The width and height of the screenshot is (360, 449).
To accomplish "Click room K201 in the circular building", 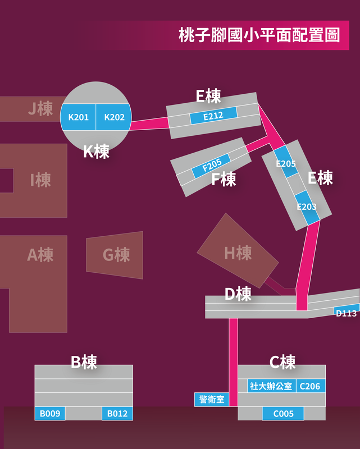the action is (78, 117).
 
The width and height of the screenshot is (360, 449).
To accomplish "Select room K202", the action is (114, 117).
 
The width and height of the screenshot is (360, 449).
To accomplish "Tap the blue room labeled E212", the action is (213, 116).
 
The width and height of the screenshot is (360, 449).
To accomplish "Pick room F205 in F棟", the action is (212, 166).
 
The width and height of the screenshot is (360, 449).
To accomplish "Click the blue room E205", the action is (286, 162).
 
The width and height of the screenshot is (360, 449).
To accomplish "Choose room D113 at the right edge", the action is (347, 310).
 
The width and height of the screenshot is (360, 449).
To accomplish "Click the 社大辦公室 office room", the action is (271, 386).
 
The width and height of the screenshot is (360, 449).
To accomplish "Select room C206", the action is (311, 386).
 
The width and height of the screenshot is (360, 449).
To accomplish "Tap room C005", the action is (283, 414).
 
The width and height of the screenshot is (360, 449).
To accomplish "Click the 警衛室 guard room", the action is (212, 399).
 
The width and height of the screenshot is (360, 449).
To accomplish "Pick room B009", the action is (50, 414).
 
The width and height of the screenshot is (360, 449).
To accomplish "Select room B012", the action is (117, 414).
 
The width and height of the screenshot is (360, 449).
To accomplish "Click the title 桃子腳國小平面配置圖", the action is (259, 35).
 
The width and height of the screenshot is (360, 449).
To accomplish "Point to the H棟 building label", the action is (238, 253).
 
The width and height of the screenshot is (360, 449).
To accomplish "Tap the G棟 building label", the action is (116, 255).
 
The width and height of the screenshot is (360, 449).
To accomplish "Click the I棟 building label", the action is (40, 180).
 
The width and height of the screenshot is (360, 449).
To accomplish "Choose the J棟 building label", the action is (40, 108).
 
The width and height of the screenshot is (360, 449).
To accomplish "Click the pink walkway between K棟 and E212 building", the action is (149, 123).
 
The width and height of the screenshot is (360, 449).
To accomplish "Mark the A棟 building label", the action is (40, 255).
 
